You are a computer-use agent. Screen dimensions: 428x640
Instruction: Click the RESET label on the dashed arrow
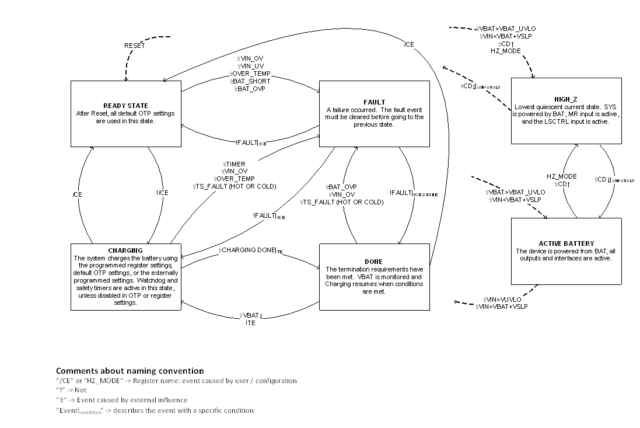[x=134, y=46]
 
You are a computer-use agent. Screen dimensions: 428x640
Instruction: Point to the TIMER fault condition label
[x=235, y=164]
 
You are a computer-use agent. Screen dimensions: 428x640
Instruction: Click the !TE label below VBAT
[x=251, y=323]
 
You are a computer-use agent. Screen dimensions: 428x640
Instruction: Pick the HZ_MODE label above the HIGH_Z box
[x=505, y=51]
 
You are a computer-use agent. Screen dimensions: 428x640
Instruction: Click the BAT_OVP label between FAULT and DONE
[x=342, y=187]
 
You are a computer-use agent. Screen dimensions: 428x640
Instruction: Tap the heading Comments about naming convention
[x=130, y=371]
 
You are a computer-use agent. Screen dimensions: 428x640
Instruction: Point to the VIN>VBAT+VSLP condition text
[x=501, y=307]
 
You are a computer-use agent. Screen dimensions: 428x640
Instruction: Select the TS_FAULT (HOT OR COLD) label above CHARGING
[x=234, y=186]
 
